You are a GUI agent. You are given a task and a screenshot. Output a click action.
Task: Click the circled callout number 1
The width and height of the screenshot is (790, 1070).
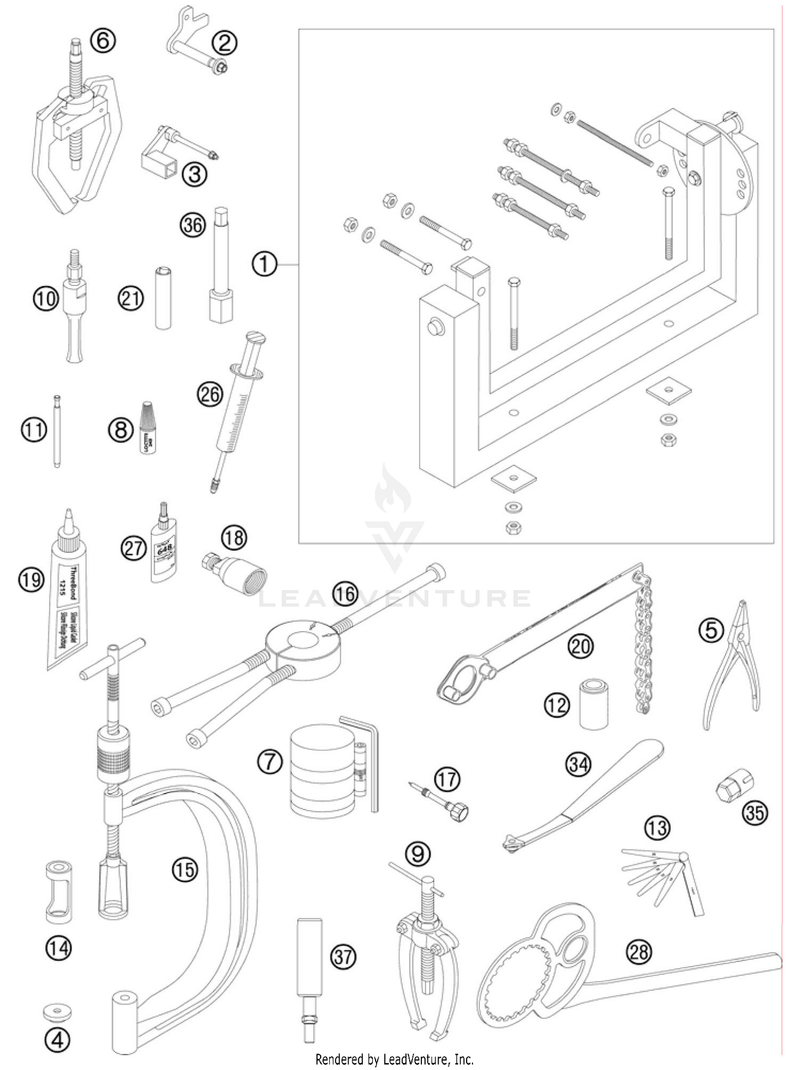pyautogui.click(x=264, y=264)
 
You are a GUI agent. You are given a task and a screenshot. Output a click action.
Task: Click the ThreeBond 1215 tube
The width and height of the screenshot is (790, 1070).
pyautogui.click(x=67, y=592)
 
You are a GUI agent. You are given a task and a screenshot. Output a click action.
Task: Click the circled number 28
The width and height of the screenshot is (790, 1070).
pyautogui.click(x=638, y=952)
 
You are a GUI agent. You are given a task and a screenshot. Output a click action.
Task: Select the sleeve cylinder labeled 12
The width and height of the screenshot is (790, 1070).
pyautogui.click(x=594, y=704)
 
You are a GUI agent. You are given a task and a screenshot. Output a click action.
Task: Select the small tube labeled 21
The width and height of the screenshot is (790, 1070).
pyautogui.click(x=163, y=298)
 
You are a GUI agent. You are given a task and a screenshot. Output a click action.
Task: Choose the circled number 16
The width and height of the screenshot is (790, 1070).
pyautogui.click(x=344, y=593)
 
